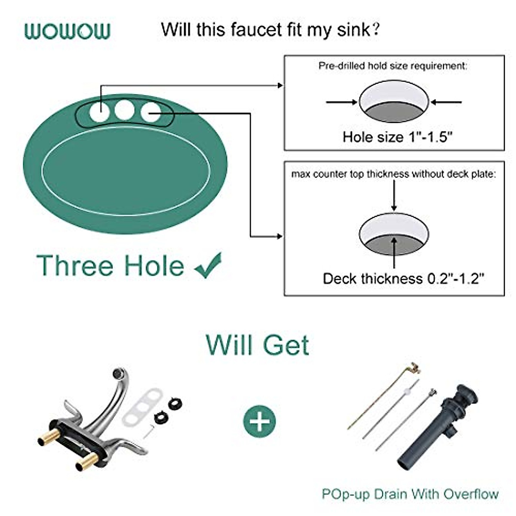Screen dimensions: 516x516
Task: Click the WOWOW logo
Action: (68, 31)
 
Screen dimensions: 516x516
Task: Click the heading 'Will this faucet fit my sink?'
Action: (270, 30)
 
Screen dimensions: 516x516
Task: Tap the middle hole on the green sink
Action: (124, 110)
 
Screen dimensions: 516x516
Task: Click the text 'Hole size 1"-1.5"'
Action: (397, 137)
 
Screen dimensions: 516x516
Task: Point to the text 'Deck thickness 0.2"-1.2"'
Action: (403, 279)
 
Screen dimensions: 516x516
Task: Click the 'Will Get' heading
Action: (258, 345)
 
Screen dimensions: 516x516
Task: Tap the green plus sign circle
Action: (260, 421)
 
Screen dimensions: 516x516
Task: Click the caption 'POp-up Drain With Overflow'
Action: (410, 494)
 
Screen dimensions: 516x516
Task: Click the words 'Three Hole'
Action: (111, 265)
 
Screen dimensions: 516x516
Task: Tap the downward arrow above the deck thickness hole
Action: (394, 196)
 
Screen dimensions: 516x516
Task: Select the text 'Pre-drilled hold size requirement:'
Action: (393, 66)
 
